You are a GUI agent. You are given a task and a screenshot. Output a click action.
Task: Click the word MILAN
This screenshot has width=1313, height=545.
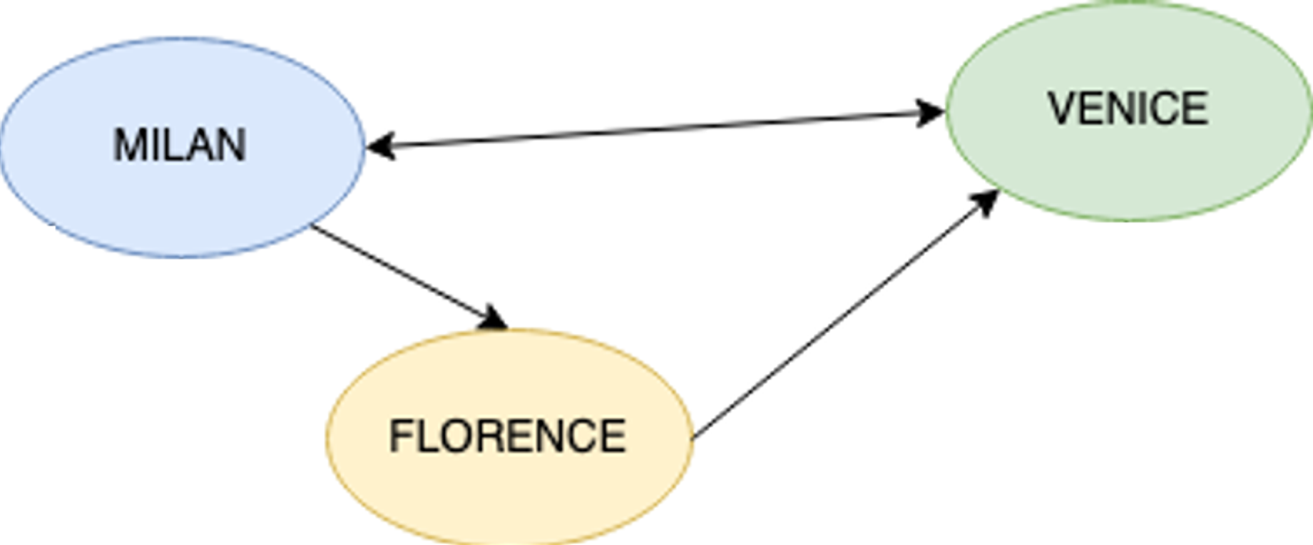180,145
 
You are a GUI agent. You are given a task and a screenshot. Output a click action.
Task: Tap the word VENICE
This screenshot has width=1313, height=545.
1128,108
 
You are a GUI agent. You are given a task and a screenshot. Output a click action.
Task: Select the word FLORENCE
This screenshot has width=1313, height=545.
507,436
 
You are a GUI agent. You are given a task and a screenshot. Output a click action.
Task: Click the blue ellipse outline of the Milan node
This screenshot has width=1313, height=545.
183,39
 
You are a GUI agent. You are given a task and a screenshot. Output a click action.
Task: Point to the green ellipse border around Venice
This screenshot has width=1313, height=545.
1129,219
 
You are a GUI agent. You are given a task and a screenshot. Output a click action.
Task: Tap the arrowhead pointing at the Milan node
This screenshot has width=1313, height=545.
379,146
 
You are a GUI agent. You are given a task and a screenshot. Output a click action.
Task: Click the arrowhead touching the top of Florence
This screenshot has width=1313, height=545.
494,319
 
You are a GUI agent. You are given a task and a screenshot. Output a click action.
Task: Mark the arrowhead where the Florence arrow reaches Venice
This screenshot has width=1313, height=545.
987,202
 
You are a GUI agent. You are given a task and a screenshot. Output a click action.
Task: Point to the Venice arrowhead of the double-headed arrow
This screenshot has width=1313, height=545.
930,112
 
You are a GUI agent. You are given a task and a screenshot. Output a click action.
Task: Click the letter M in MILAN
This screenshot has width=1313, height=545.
128,145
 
